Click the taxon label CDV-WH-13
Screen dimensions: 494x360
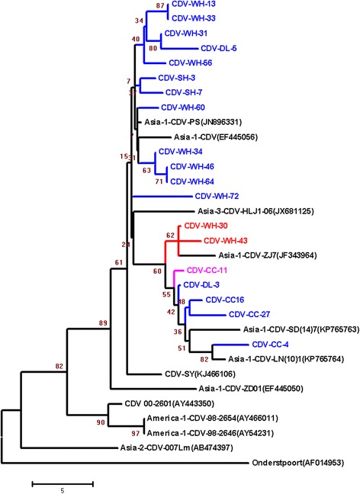(x=194, y=6)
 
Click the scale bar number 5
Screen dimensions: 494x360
(x=63, y=491)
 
